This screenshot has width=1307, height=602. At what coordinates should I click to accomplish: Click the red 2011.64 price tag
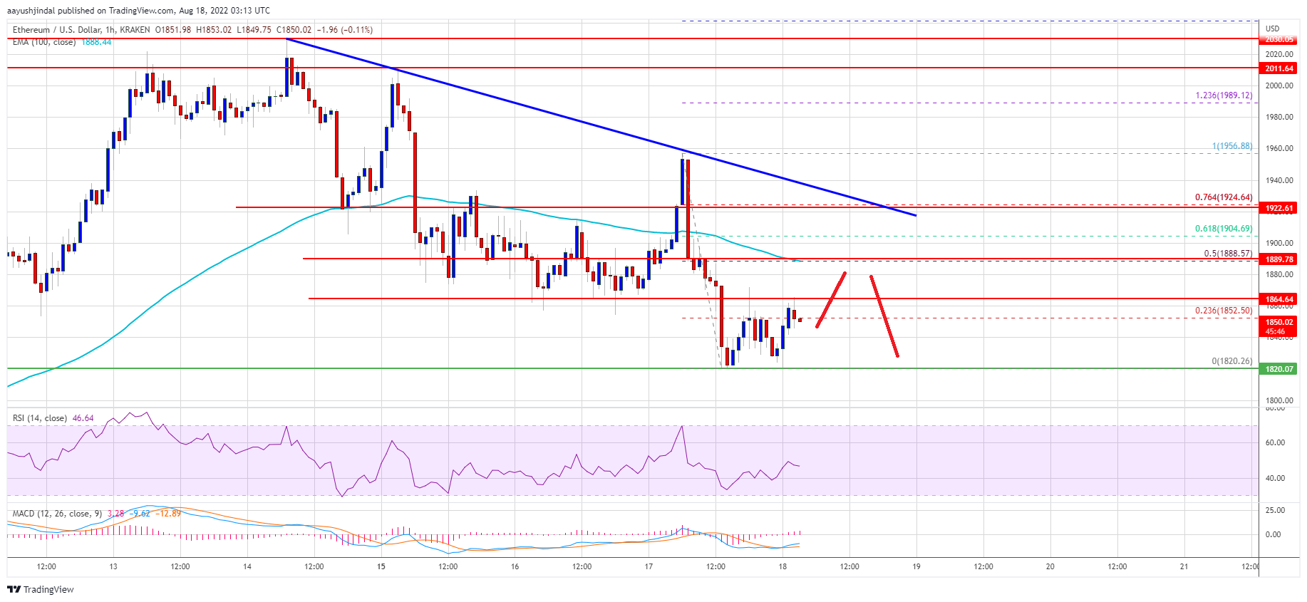[1278, 68]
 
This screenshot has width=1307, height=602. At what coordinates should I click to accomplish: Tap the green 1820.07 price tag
[1278, 369]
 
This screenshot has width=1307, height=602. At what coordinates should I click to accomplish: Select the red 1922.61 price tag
[1278, 208]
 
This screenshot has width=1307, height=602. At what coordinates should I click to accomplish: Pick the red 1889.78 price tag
[1278, 259]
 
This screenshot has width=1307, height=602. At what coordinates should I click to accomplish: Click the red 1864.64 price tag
[1278, 299]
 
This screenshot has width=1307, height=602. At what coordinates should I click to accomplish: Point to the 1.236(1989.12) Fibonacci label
[1223, 95]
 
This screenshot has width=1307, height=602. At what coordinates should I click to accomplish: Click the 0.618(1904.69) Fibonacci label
[1223, 229]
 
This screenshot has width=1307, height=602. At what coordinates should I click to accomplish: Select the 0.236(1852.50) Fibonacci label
[1223, 311]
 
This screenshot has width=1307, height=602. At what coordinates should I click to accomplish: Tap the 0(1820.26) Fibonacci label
[1231, 361]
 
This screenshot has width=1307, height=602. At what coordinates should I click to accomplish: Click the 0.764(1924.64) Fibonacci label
[1223, 197]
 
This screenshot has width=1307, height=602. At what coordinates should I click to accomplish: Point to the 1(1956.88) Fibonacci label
[1231, 146]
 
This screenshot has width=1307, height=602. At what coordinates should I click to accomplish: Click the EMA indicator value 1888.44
[96, 42]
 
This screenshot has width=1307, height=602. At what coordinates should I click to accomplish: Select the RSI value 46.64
[83, 418]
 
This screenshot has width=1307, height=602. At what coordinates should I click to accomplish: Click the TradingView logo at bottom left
[41, 590]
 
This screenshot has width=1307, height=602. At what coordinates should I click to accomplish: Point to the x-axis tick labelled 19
[916, 567]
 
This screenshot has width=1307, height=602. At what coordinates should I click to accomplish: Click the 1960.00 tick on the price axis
[1278, 149]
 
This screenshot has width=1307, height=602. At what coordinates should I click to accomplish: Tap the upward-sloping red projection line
[831, 300]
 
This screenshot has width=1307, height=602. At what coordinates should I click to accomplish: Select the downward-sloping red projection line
[884, 316]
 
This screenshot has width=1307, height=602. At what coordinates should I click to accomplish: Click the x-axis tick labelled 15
[381, 567]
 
